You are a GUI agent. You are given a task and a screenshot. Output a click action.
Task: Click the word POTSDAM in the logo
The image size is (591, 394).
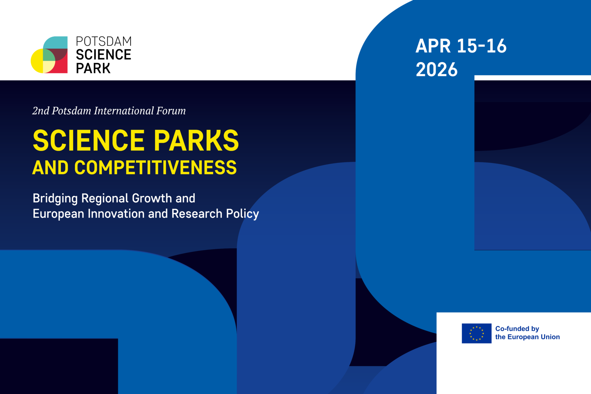pos(104,41)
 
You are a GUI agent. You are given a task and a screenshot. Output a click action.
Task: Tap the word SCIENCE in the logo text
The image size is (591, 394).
pos(103,55)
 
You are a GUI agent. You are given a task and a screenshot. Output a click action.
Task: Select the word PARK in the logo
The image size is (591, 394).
pos(93,68)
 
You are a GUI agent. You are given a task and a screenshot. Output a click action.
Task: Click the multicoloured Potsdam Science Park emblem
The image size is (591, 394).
pos(49,55)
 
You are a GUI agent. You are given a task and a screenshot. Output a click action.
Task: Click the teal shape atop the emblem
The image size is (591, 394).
pos(55,42)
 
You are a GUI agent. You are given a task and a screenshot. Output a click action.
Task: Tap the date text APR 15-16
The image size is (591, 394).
pos(461,46)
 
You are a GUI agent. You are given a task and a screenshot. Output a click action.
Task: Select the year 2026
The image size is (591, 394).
pos(437,70)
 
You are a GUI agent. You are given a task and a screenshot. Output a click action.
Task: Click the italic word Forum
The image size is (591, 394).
pos(171,111)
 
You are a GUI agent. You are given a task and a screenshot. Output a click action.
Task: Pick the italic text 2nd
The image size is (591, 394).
pos(41,111)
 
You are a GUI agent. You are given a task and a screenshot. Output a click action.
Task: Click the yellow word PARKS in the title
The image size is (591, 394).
pos(196,140)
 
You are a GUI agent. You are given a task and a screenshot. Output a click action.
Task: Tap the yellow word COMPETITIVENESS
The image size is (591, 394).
pos(155,167)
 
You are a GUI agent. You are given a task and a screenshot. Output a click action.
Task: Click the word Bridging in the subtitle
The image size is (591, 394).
pos(55,199)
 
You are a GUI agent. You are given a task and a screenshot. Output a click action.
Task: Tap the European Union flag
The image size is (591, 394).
pos(476,333)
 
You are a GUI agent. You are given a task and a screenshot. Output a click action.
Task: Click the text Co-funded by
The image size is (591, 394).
pos(517,329)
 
